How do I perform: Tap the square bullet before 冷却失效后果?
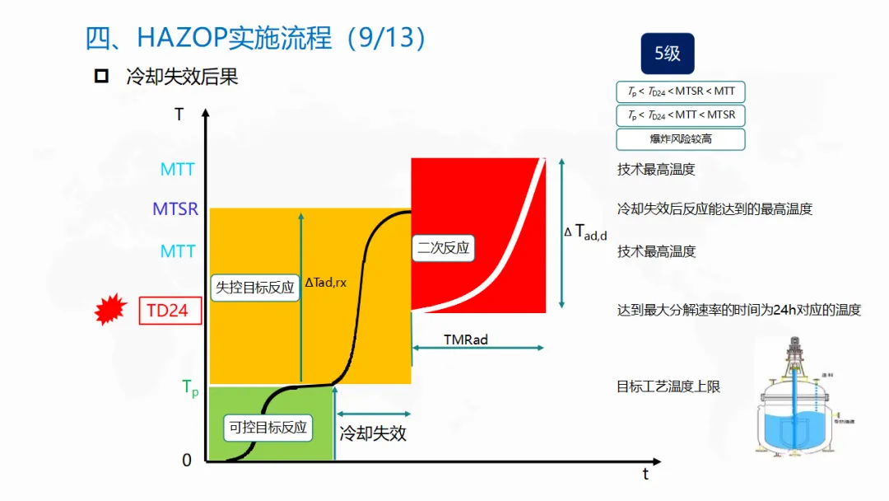click(x=102, y=77)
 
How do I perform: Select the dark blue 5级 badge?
click(x=668, y=54)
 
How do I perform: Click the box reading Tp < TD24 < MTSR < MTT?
click(x=681, y=91)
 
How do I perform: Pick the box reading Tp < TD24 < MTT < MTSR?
click(x=681, y=115)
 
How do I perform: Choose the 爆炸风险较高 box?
click(x=681, y=139)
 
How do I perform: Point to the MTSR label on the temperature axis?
click(x=175, y=209)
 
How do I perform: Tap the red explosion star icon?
click(x=111, y=310)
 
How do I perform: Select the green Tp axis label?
click(x=189, y=388)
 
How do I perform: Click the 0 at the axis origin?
click(x=187, y=461)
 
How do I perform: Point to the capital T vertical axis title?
click(x=179, y=115)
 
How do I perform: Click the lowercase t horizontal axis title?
click(x=645, y=474)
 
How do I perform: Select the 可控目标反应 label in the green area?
click(x=268, y=428)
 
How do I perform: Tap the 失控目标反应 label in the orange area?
click(x=254, y=288)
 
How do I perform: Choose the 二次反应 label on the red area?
click(x=444, y=247)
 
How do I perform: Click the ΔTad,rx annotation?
click(x=326, y=283)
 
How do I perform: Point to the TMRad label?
click(x=465, y=339)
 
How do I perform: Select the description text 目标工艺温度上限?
click(x=668, y=386)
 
